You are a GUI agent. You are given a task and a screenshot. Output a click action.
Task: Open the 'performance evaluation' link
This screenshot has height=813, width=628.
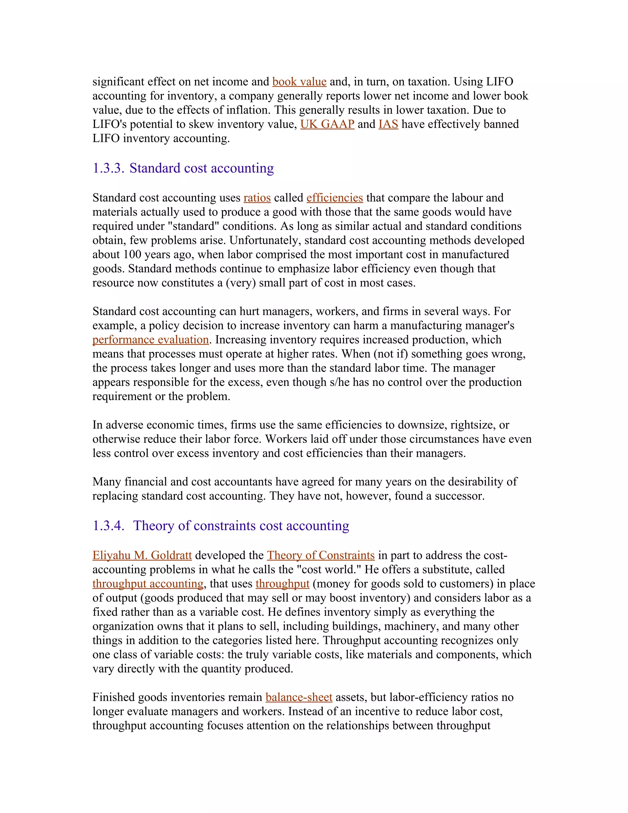[x=150, y=340]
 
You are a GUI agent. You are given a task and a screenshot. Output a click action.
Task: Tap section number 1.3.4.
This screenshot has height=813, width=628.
[x=108, y=526]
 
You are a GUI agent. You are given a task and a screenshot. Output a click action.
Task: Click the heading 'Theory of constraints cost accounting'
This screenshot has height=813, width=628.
[x=241, y=526]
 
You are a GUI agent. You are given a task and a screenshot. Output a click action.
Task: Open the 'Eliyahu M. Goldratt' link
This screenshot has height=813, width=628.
[x=142, y=555]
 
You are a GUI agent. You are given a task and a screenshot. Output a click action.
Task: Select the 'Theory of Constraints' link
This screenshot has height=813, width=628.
[x=320, y=555]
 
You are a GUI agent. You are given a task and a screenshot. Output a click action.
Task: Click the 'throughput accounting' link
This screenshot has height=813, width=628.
[x=148, y=584]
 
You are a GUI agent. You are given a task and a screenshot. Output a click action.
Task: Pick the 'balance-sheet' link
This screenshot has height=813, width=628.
[x=299, y=697]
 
